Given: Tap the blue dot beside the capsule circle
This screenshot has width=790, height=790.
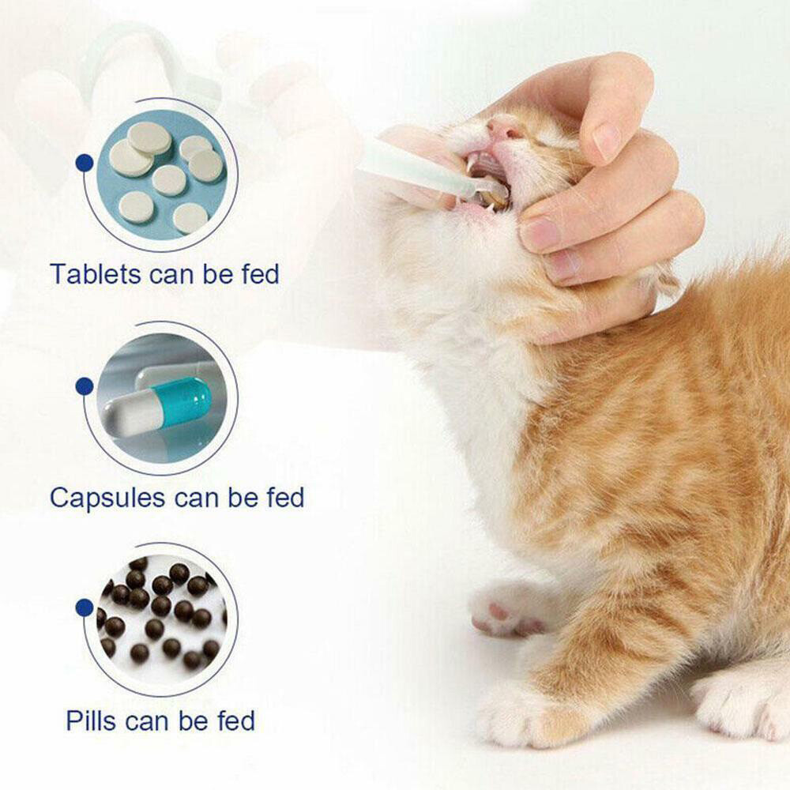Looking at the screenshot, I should click(85, 386).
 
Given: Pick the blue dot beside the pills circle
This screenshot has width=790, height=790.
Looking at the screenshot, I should click(85, 608).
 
